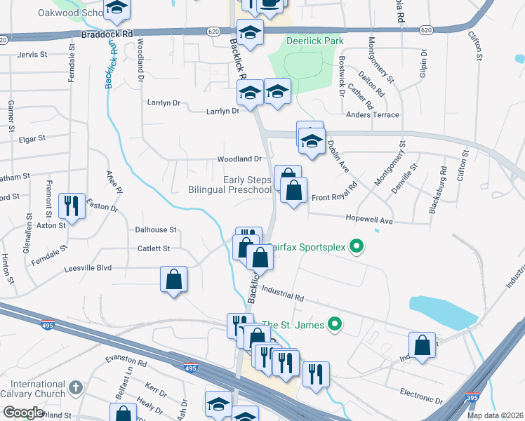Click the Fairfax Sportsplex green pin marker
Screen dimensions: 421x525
(357, 246)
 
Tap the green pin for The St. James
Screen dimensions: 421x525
(335, 323)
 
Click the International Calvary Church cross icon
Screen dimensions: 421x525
(77, 387)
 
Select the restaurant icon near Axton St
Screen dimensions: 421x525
(72, 205)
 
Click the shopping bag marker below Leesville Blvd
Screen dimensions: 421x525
(173, 279)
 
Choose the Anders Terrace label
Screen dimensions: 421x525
(372, 115)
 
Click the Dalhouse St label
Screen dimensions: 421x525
(156, 229)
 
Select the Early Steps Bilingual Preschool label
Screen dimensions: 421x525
(230, 185)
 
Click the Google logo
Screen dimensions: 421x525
(24, 413)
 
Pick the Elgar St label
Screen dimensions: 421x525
(32, 139)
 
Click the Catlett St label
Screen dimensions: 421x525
(154, 248)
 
